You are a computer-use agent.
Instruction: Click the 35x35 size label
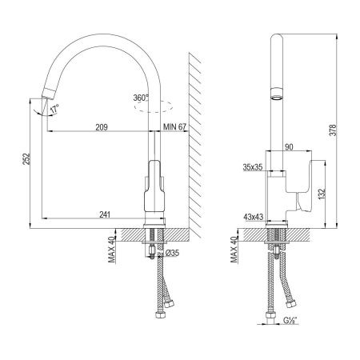pyautogui.click(x=254, y=167)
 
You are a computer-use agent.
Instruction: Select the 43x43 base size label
pyautogui.click(x=254, y=215)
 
